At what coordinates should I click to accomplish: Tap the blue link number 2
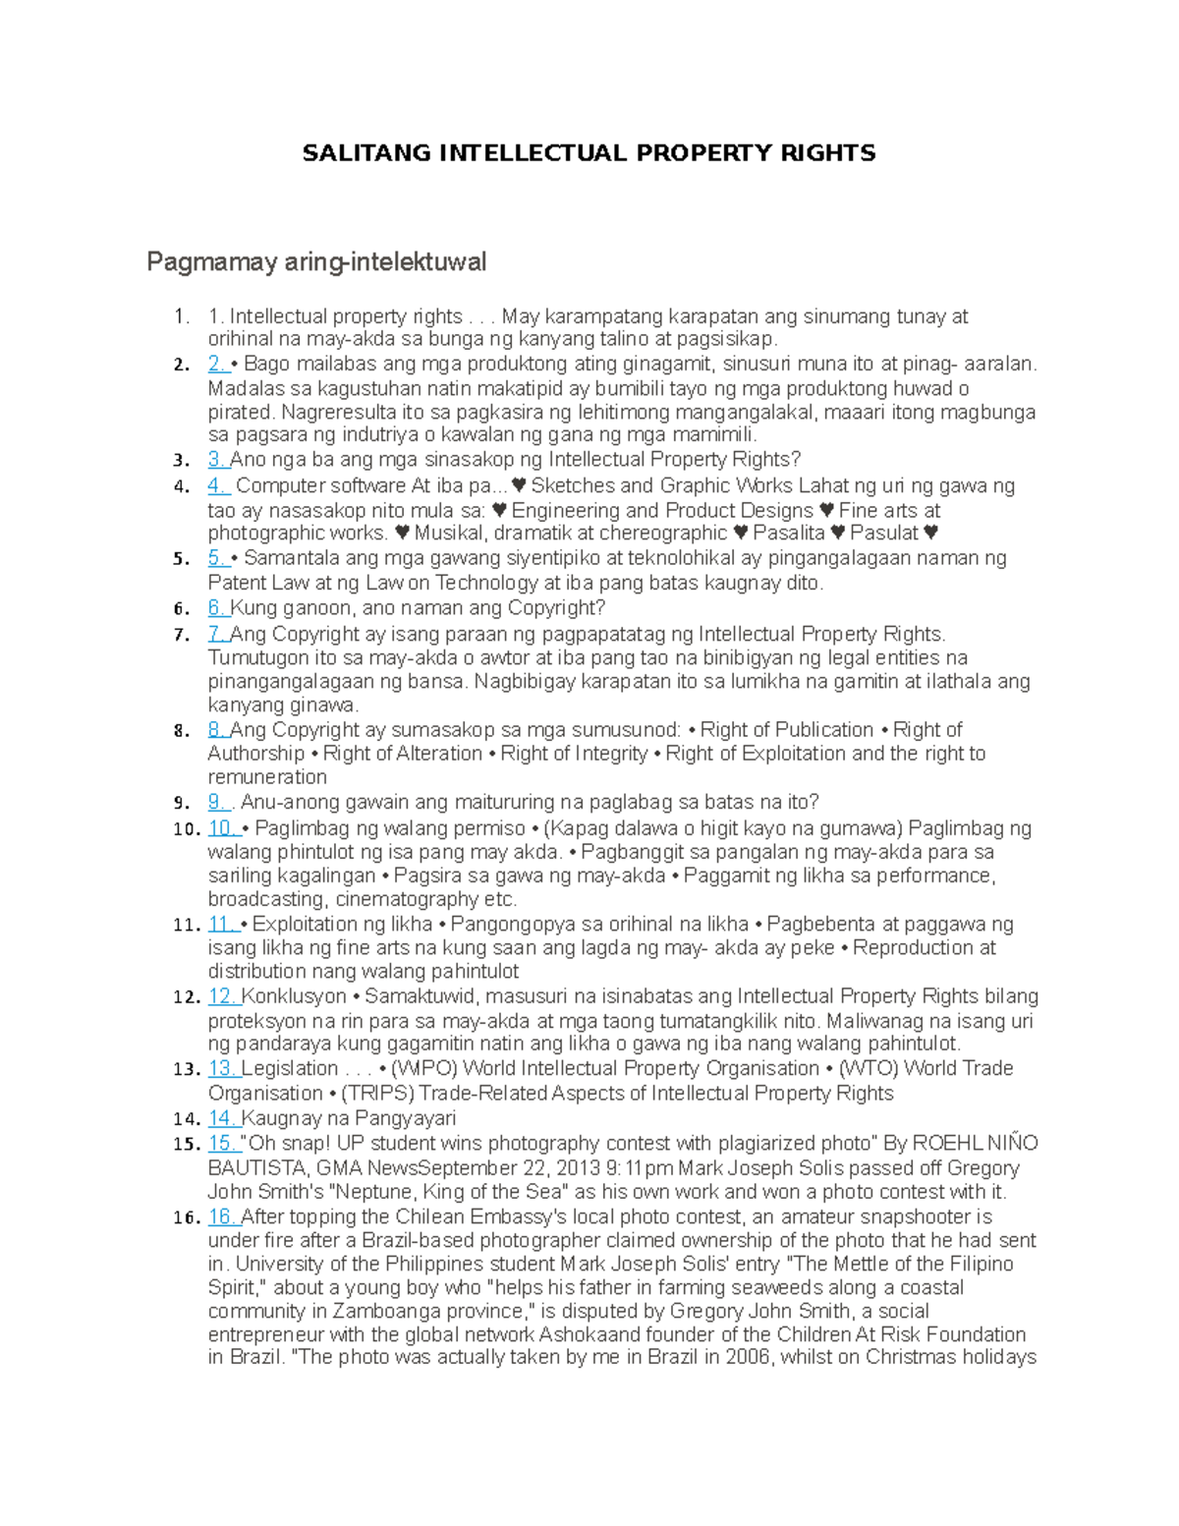[x=217, y=365]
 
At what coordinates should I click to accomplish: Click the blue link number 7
[x=217, y=634]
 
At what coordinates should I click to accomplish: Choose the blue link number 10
[x=222, y=828]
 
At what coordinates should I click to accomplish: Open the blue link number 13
[x=222, y=1069]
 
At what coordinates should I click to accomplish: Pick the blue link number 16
[x=222, y=1216]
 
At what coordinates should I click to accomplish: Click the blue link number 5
[x=217, y=558]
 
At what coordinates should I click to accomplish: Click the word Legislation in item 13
[x=290, y=1069]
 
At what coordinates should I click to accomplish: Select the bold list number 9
[x=180, y=803]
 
